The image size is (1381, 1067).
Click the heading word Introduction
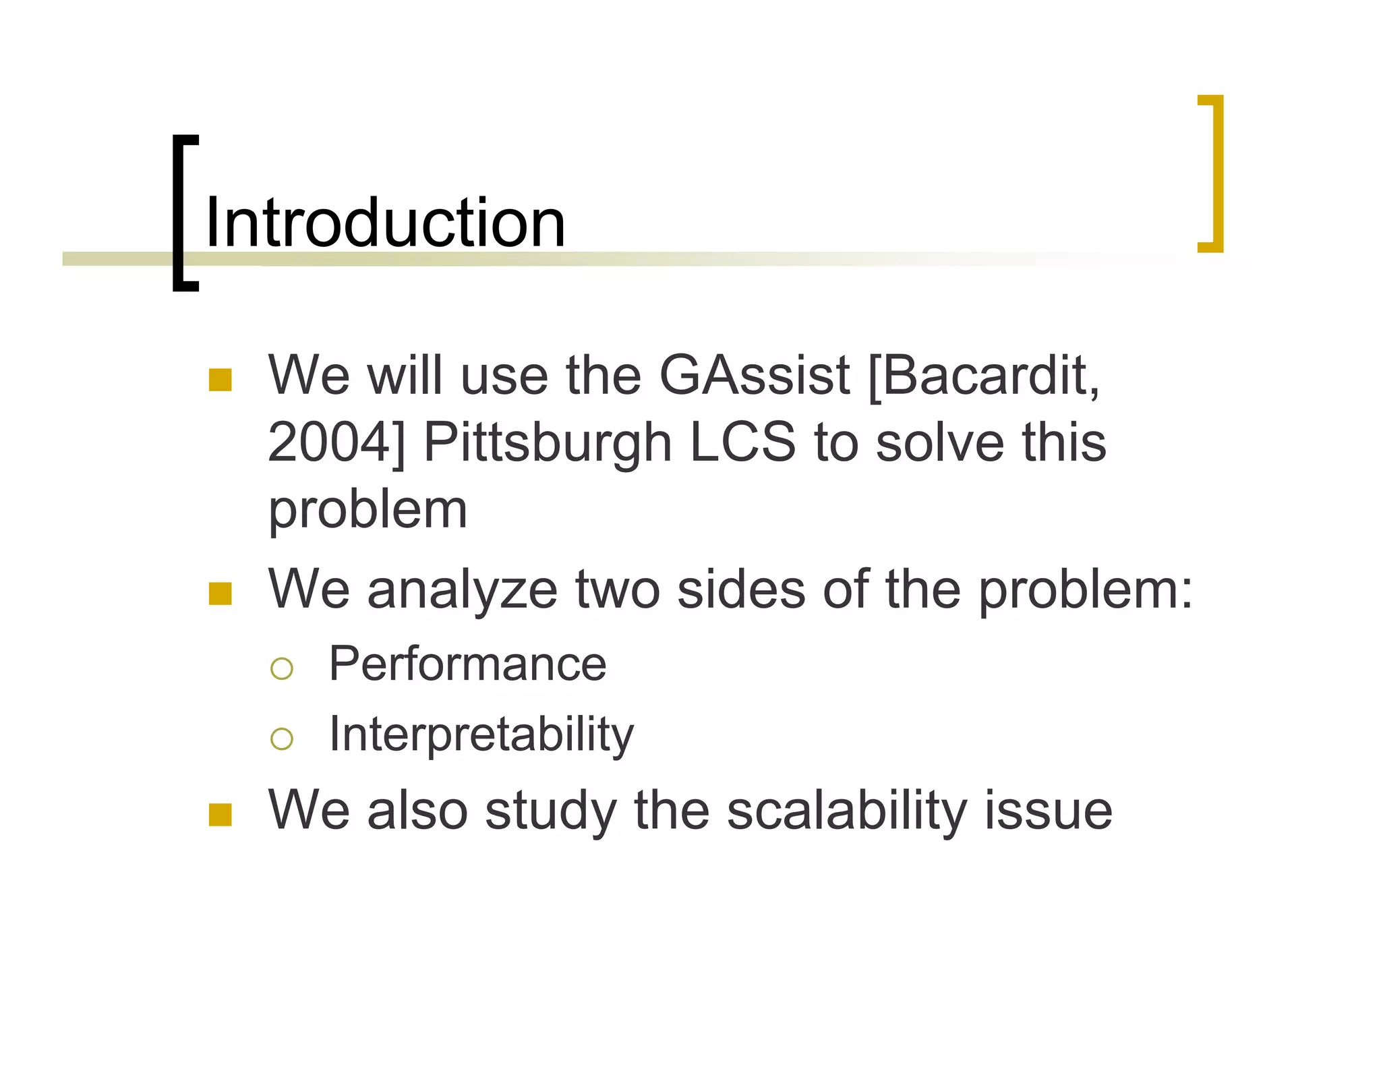[x=384, y=223]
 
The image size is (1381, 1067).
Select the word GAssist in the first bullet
[x=754, y=376]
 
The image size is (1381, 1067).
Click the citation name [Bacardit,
[x=984, y=376]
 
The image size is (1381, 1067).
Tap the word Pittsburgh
[x=548, y=444]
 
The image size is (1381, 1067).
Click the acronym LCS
[x=742, y=442]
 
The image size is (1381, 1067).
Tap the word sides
[x=740, y=589]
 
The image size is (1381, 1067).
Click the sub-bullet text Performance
[x=467, y=664]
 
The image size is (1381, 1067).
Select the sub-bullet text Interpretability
[x=481, y=734]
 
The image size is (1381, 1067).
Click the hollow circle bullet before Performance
[x=281, y=668]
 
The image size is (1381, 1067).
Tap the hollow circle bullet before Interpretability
[x=281, y=739]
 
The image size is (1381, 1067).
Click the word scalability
[x=846, y=811]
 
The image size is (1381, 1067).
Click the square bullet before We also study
[x=221, y=815]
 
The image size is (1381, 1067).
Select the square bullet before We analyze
[x=221, y=594]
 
